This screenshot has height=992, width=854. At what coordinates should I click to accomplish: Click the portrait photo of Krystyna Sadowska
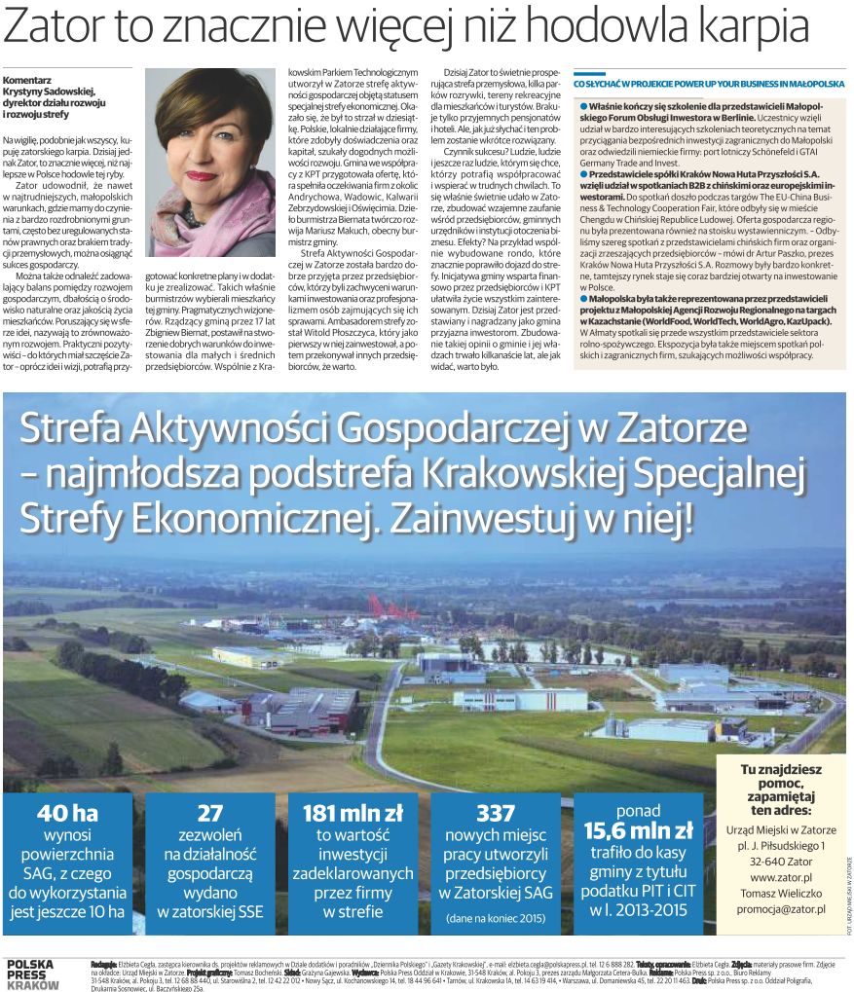[x=209, y=161]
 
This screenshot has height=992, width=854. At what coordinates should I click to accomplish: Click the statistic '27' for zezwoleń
[x=210, y=813]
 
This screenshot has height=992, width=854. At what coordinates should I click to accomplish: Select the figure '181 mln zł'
[x=353, y=813]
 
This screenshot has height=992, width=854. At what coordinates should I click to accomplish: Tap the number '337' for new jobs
[x=496, y=813]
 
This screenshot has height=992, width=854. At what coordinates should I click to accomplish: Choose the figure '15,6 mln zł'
[x=638, y=830]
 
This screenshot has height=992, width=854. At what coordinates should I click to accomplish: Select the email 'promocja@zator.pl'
[x=781, y=908]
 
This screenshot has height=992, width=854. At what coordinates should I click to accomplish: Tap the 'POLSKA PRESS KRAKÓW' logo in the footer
[x=31, y=973]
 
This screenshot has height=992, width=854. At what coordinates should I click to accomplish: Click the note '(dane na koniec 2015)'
[x=496, y=917]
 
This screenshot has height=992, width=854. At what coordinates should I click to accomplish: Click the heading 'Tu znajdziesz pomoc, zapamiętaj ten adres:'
[x=781, y=789]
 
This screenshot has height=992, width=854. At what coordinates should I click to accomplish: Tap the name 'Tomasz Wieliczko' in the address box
[x=781, y=893]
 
